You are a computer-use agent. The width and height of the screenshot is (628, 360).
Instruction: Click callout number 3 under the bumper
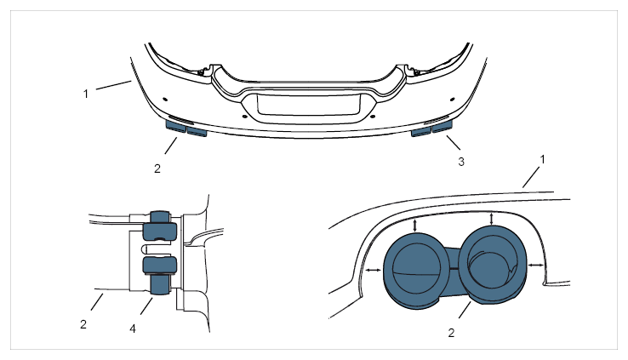point(461,162)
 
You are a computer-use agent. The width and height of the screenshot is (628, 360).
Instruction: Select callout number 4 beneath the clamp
point(133,329)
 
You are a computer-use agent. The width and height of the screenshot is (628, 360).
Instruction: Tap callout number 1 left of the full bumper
point(86,94)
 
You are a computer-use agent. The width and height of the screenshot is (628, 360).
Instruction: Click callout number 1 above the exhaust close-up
point(543,159)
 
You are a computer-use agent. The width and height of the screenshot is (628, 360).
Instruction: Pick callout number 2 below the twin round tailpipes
point(451,333)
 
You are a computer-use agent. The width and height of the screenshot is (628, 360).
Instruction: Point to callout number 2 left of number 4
point(83,324)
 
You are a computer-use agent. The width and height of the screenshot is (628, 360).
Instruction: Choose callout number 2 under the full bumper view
point(157,169)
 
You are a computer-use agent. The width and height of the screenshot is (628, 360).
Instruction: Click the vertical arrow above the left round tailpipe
point(415,224)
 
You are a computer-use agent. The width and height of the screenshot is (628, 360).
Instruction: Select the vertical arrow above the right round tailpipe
point(492,219)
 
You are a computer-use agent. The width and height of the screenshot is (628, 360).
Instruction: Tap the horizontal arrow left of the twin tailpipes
point(374,271)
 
